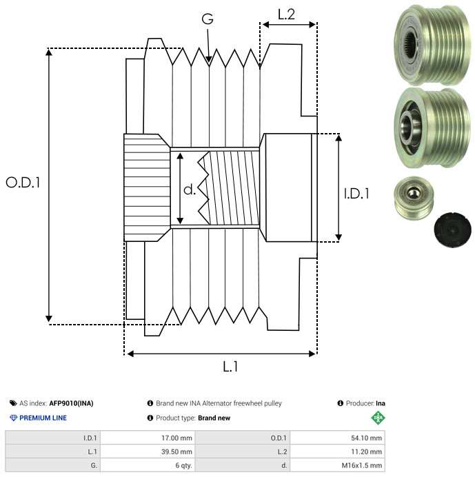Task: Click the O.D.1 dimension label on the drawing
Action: [x=23, y=183]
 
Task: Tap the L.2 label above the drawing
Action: [x=286, y=14]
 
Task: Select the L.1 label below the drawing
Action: [x=230, y=367]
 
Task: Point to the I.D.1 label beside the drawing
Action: [x=356, y=194]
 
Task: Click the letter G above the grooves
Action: [x=208, y=19]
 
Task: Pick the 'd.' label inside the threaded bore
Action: [x=190, y=190]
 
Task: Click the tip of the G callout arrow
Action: [x=209, y=62]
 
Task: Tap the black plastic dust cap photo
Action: [x=452, y=230]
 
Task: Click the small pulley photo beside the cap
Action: [x=414, y=198]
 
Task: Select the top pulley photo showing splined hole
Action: [x=432, y=45]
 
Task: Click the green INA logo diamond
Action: [x=378, y=418]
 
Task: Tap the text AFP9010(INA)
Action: [x=71, y=403]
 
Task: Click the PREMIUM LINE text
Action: [x=43, y=418]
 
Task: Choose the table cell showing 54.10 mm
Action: [x=337, y=438]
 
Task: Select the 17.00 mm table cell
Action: [x=148, y=438]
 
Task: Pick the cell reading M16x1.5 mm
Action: [x=337, y=465]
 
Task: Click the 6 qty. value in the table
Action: [x=148, y=465]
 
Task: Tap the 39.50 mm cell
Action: [x=148, y=451]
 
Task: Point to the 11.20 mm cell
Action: [x=337, y=451]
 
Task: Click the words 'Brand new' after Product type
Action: [x=214, y=418]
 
